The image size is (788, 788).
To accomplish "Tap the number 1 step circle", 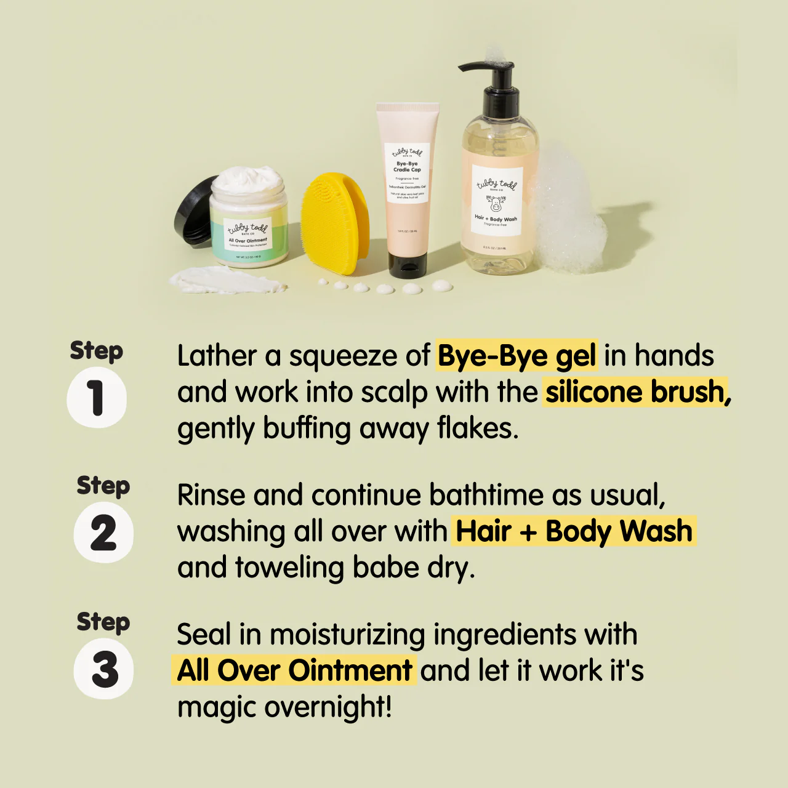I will pyautogui.click(x=97, y=398).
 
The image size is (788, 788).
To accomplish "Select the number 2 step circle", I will pyautogui.click(x=103, y=533).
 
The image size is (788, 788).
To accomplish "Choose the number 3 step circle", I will pyautogui.click(x=103, y=669).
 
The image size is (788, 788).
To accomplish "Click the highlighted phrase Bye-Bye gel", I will pyautogui.click(x=517, y=356).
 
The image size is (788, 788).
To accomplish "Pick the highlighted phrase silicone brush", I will pyautogui.click(x=637, y=392).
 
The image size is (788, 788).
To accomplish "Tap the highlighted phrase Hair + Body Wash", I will pyautogui.click(x=574, y=531).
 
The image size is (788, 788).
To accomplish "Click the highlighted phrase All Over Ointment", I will pyautogui.click(x=294, y=670).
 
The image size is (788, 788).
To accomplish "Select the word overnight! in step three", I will pyautogui.click(x=328, y=707).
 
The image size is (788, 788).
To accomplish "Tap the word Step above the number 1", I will pyautogui.click(x=97, y=351).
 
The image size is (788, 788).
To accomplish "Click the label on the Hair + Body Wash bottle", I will pyautogui.click(x=497, y=201).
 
